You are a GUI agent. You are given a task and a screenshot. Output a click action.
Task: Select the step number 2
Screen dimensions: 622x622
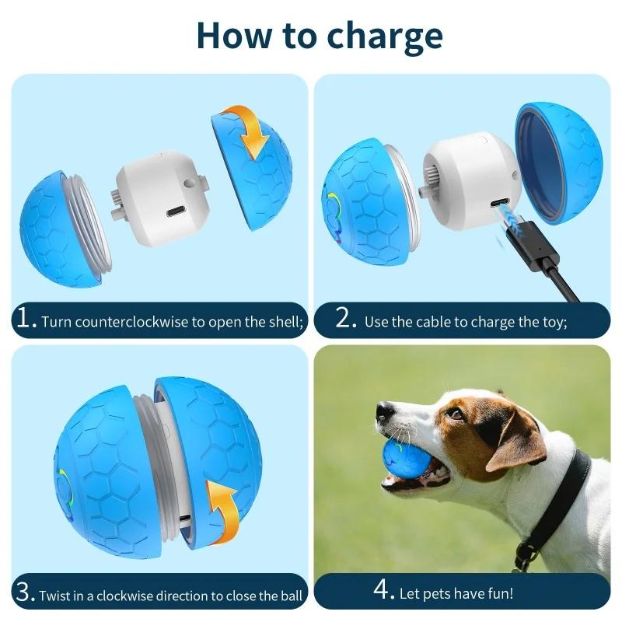(x=346, y=320)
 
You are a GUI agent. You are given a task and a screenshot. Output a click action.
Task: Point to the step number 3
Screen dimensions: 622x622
(x=25, y=593)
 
